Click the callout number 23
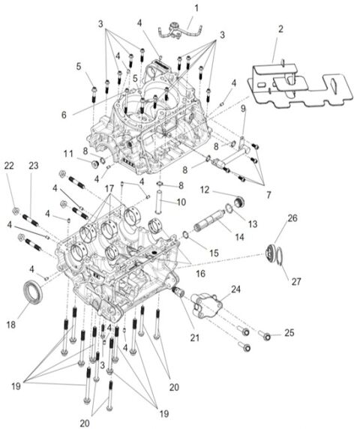(33, 166)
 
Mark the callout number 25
(289, 332)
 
